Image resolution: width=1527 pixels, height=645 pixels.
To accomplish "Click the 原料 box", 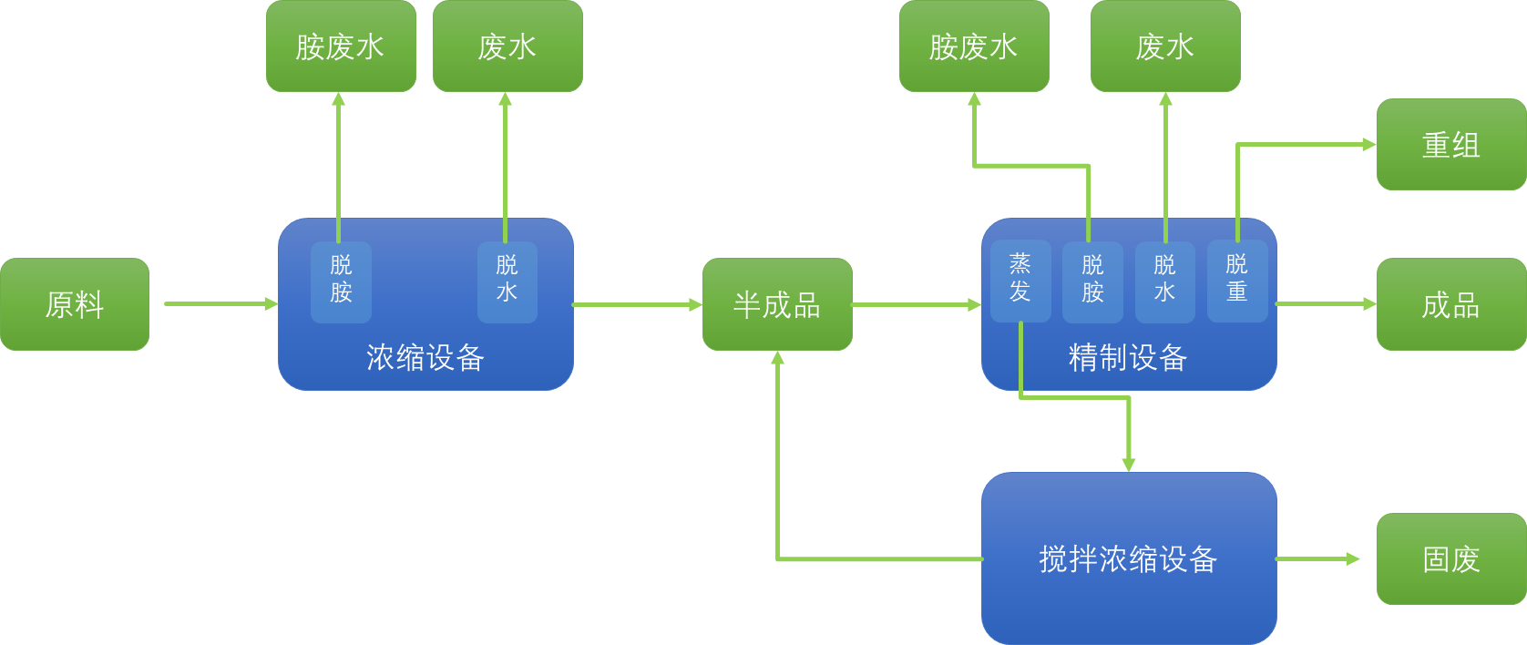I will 75,304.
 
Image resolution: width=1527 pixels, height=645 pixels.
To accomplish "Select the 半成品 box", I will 777,304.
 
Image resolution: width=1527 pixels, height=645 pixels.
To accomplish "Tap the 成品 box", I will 1450,304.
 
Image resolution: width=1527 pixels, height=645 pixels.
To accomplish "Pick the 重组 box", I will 1450,145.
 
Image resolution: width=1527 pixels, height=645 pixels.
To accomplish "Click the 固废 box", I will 1450,558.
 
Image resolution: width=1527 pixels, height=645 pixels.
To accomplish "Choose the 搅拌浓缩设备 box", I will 1128,558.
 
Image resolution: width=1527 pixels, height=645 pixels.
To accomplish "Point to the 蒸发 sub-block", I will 1020,280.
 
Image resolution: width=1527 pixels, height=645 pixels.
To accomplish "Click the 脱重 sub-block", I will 1236,280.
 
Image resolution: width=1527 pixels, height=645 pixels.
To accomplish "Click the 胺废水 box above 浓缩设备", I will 341,46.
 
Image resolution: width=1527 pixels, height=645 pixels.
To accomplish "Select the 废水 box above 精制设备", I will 1165,46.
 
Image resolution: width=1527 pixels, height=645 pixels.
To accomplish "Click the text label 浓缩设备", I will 425,357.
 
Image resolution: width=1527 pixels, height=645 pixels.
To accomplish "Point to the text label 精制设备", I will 1128,357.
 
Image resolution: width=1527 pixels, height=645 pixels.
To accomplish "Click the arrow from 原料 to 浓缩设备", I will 219,304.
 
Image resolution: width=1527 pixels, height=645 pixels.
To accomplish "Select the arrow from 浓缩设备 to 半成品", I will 638,304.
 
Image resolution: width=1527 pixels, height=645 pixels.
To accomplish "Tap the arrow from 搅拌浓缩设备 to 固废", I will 1317,558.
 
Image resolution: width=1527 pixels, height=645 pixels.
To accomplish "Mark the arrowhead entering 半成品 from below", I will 777,358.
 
